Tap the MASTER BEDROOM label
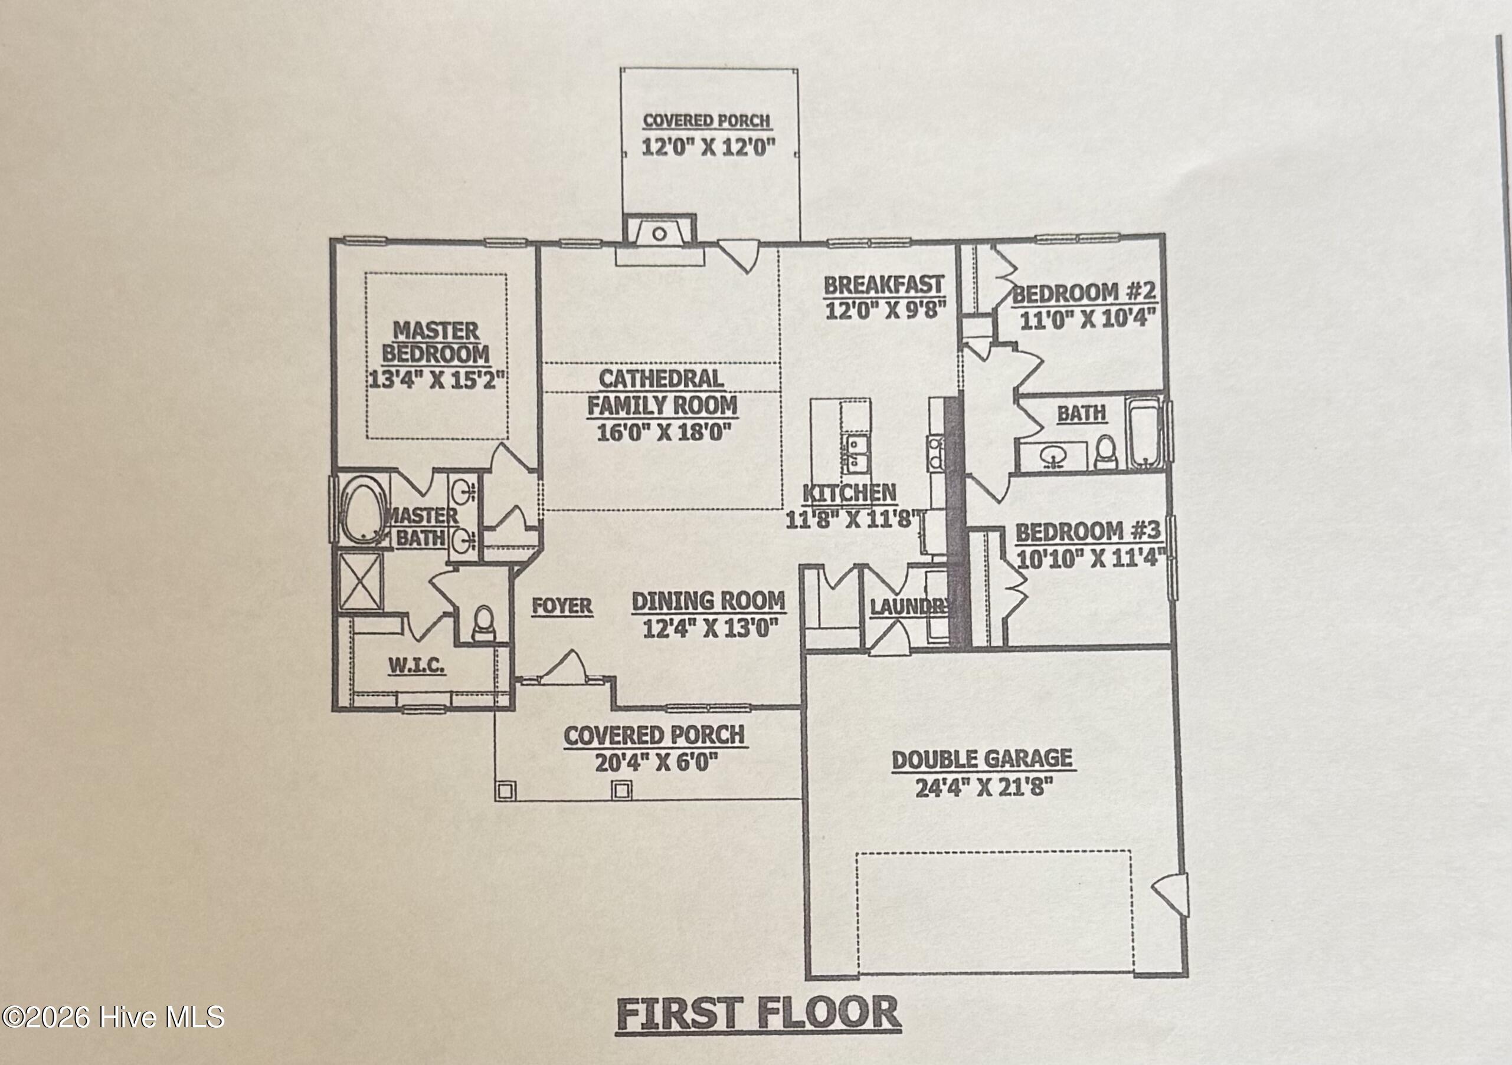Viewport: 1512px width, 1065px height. pyautogui.click(x=436, y=342)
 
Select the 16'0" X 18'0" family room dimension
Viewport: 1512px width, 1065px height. pyautogui.click(x=665, y=432)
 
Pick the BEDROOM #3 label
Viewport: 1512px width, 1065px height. pyautogui.click(x=1087, y=532)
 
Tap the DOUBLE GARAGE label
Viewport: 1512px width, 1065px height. pyautogui.click(x=982, y=759)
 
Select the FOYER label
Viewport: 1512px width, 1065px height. pyautogui.click(x=562, y=606)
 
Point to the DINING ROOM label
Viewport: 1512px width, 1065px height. pyautogui.click(x=709, y=601)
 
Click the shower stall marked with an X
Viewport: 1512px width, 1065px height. pyautogui.click(x=359, y=581)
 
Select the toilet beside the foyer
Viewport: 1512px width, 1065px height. pyautogui.click(x=484, y=623)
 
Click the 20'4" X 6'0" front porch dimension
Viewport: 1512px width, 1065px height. pyautogui.click(x=655, y=763)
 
